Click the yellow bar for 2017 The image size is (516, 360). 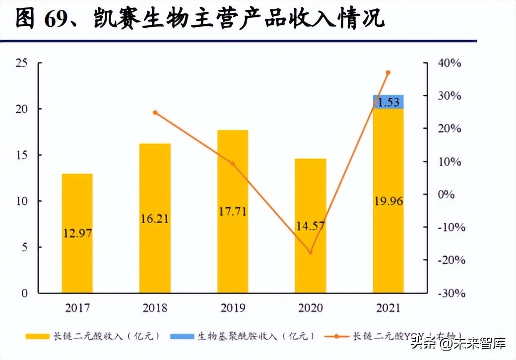coord(77,233)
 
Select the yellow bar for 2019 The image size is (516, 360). coord(233,211)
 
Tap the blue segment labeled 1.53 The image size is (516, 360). coord(388,102)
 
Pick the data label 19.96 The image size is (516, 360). coord(388,201)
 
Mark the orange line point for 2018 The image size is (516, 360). coord(155,113)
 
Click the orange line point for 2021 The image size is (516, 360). coord(388,72)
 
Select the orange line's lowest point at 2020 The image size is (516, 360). coord(311,252)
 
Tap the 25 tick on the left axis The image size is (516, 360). coord(21,63)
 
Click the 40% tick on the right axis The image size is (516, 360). coord(449,63)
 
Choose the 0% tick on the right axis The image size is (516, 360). coord(446,194)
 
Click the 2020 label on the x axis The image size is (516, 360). coord(311,308)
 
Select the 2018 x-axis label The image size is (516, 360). coord(155,308)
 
